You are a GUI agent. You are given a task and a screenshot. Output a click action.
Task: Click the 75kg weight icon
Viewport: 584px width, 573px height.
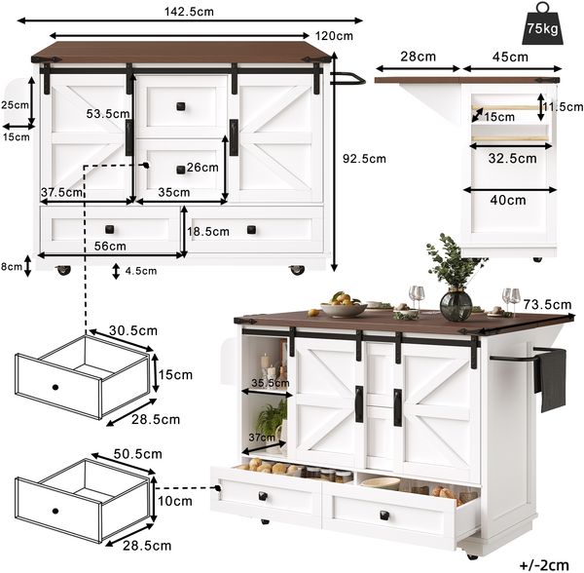[542, 24]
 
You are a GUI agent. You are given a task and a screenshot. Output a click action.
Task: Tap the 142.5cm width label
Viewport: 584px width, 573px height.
[189, 12]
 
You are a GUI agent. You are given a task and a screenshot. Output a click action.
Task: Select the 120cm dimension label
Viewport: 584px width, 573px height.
[334, 36]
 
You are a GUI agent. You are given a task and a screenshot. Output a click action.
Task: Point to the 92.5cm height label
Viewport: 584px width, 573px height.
[364, 159]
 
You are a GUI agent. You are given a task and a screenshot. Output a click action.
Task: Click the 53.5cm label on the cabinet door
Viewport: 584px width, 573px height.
[108, 114]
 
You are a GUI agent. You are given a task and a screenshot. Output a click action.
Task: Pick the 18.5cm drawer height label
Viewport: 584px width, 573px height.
[208, 232]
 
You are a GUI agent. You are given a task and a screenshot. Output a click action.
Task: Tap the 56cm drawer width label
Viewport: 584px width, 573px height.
[110, 246]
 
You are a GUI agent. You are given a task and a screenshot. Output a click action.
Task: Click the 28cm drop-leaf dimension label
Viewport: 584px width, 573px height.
[419, 57]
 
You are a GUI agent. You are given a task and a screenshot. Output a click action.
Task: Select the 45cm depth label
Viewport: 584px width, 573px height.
[510, 57]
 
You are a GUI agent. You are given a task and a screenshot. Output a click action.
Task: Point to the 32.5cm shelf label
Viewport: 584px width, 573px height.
[513, 159]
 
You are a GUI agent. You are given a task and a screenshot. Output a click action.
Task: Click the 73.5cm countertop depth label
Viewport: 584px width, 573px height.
[547, 305]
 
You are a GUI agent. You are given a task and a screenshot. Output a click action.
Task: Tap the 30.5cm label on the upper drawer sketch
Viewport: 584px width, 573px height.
[133, 330]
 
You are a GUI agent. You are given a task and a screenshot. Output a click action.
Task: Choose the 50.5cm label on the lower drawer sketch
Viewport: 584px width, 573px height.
[138, 454]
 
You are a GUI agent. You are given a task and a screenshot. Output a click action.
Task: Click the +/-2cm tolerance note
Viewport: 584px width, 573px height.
[544, 565]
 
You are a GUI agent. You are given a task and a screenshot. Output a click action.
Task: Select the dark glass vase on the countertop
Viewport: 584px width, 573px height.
[456, 306]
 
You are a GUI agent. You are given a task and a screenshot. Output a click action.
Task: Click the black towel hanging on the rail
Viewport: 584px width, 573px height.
[550, 379]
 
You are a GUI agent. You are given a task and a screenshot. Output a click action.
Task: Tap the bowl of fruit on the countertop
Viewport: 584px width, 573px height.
[344, 305]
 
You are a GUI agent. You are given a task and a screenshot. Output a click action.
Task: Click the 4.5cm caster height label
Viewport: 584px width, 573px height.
[141, 271]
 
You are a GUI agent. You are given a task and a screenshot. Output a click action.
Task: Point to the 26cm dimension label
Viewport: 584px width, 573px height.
[202, 168]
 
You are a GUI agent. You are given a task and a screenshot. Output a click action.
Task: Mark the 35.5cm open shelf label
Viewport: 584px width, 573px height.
[270, 383]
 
